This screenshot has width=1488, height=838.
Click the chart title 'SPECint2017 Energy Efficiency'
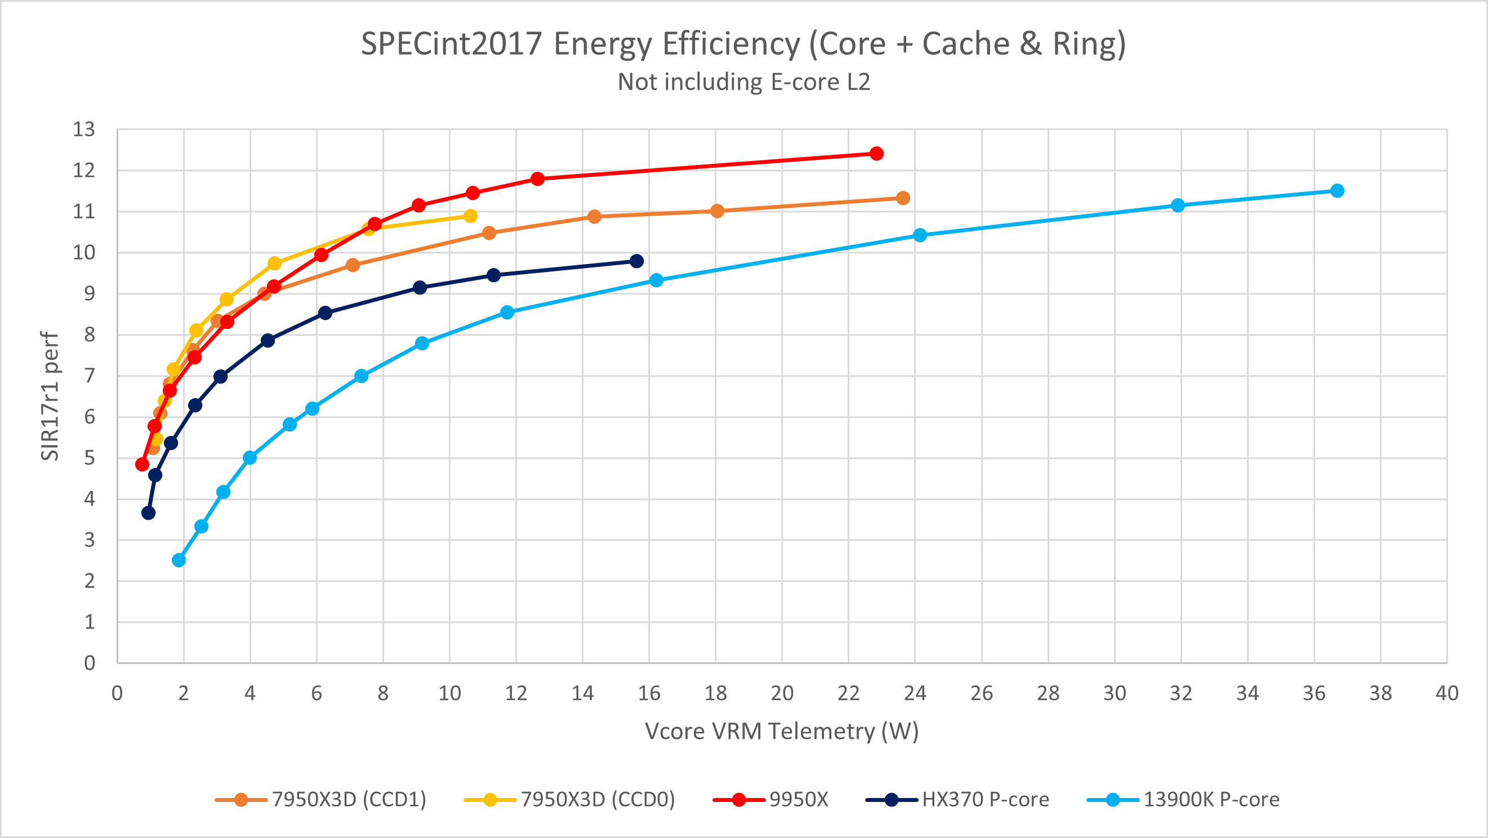point(581,44)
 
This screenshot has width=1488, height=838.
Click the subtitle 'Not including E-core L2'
point(744,82)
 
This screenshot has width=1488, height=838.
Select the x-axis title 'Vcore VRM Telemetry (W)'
point(782,732)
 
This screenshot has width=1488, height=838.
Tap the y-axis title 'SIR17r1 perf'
point(50,396)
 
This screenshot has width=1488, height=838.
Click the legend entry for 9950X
point(770,799)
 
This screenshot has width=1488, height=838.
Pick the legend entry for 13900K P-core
point(1183,799)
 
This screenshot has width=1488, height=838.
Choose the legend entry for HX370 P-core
point(957,799)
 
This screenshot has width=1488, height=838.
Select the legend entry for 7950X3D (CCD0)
point(569,799)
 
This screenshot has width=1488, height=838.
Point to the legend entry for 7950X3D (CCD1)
point(320,799)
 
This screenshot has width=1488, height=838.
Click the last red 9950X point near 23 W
point(876,154)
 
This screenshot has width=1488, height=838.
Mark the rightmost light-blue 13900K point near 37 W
point(1337,190)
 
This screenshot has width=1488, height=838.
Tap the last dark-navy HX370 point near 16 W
point(636,261)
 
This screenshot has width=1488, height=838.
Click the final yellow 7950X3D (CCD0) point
point(471,216)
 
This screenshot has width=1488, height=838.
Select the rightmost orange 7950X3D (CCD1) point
point(903,198)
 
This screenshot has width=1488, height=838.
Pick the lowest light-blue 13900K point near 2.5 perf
point(179,560)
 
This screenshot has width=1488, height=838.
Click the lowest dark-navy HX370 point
point(149,513)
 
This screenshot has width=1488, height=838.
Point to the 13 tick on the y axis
point(84,130)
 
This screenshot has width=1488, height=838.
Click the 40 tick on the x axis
point(1447,693)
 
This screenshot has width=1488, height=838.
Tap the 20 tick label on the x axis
point(782,693)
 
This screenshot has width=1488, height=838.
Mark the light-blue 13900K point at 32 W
point(1178,205)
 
